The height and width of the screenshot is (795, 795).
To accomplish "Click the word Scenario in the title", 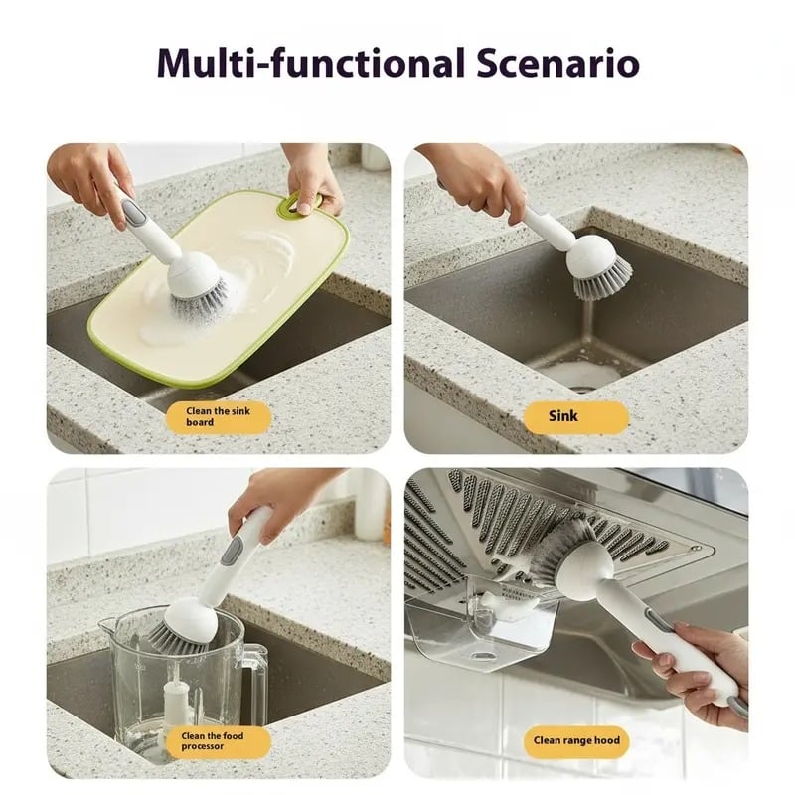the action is (557, 63).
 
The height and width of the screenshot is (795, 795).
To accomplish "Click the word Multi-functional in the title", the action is (311, 63).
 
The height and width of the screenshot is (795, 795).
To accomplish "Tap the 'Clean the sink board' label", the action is (219, 416).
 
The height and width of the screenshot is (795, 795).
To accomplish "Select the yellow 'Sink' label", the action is (576, 416).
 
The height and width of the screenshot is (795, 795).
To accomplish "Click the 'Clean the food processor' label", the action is (219, 741).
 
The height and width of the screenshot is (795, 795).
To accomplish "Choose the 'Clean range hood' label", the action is (576, 741).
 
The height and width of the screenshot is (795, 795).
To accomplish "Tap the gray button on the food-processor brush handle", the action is (232, 553).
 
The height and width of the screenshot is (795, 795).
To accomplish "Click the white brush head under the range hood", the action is (584, 567).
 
